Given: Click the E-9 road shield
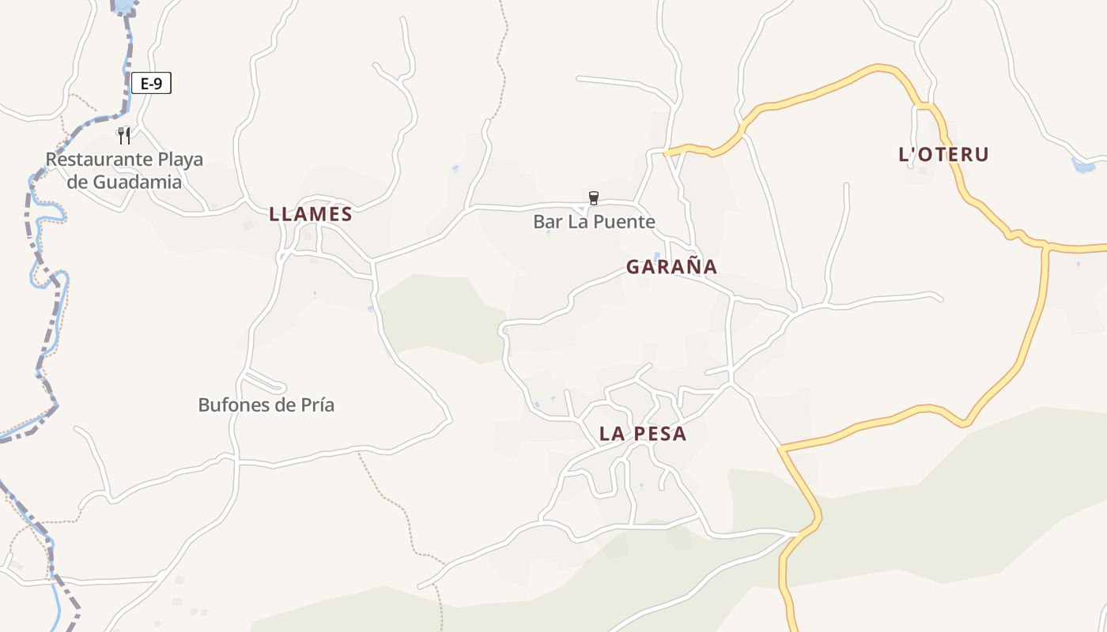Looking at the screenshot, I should (151, 83).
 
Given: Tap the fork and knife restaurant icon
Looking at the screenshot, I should (123, 136).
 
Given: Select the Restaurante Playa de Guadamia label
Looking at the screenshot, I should (124, 171).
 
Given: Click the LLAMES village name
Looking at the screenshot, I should (311, 214).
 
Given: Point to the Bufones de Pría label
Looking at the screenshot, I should (266, 405).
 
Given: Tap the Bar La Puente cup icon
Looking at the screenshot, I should (594, 197).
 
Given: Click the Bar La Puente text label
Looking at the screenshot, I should (594, 222).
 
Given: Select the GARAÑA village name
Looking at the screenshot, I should (671, 267).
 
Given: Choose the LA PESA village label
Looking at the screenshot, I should (643, 434).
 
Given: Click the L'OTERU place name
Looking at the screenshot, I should (943, 154).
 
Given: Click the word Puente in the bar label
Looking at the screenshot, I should (624, 222).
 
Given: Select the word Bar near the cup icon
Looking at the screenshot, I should (546, 222).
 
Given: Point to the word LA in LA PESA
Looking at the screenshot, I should (613, 434).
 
